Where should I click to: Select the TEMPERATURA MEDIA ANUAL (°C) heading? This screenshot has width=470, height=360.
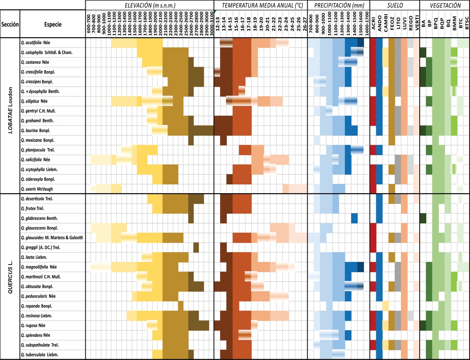260,5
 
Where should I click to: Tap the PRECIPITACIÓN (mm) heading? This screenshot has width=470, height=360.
338,5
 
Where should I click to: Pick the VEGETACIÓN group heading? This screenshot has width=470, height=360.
443,5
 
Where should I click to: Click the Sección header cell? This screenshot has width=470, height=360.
10,25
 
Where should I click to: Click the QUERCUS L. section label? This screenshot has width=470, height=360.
10,276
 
